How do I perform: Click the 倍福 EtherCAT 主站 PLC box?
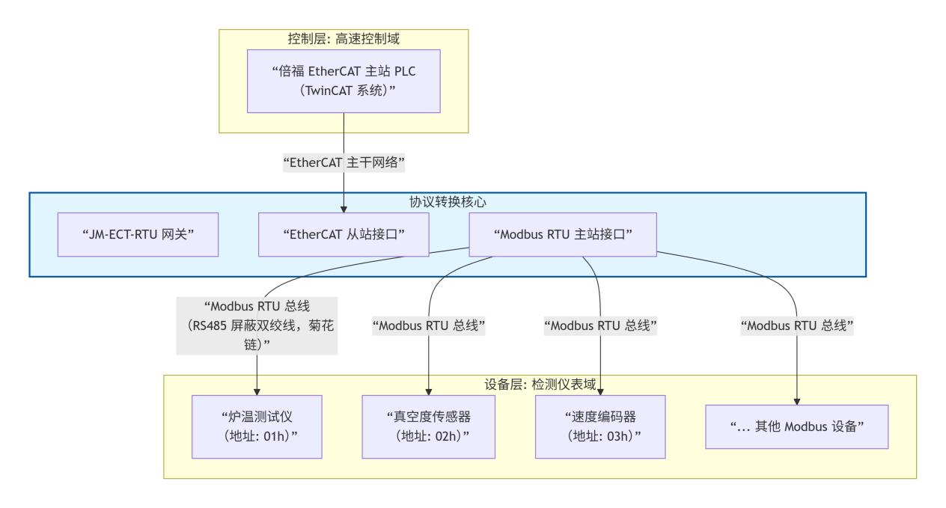(x=344, y=81)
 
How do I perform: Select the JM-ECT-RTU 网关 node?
(x=138, y=234)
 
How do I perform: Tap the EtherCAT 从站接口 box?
(x=344, y=234)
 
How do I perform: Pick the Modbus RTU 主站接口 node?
(x=563, y=234)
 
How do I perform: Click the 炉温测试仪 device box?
(x=257, y=426)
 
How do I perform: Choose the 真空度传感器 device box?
(x=429, y=426)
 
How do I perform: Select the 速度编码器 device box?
(x=600, y=426)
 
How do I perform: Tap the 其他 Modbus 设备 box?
(x=796, y=426)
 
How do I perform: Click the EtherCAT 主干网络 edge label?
(x=344, y=162)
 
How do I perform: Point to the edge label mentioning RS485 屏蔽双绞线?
(x=257, y=325)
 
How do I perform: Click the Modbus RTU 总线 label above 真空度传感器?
(x=429, y=325)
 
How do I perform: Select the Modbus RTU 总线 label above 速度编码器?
(x=600, y=325)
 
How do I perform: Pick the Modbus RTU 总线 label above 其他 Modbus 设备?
(x=796, y=325)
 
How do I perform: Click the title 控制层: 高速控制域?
(x=344, y=39)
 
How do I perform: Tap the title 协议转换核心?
(x=448, y=202)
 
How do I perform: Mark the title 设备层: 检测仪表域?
(x=540, y=385)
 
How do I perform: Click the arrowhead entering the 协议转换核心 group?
(x=344, y=209)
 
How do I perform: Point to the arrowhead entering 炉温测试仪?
(x=257, y=391)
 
